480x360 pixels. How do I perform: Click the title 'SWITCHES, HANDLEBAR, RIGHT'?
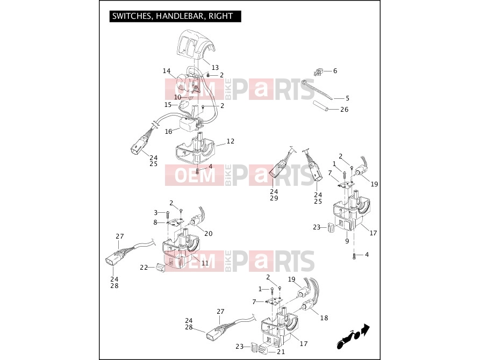pyautogui.click(x=173, y=16)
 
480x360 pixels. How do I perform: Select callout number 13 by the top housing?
pyautogui.click(x=215, y=67)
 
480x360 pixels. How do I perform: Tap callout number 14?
pyautogui.click(x=167, y=71)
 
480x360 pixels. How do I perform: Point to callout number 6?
pyautogui.click(x=335, y=71)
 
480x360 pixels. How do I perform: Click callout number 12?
pyautogui.click(x=231, y=141)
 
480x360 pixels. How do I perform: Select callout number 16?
pyautogui.click(x=169, y=132)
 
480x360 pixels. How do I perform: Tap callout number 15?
pyautogui.click(x=168, y=105)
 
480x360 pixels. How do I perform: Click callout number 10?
pyautogui.click(x=178, y=97)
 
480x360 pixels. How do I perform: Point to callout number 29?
pyautogui.click(x=274, y=198)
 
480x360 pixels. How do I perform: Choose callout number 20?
pyautogui.click(x=209, y=234)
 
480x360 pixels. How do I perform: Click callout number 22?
pyautogui.click(x=144, y=268)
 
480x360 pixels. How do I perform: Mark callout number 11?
pyautogui.click(x=205, y=263)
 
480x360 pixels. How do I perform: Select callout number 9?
pyautogui.click(x=347, y=241)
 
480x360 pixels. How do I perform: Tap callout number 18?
pyautogui.click(x=324, y=318)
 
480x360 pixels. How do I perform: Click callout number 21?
pyautogui.click(x=281, y=352)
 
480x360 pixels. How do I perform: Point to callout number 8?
pyautogui.click(x=155, y=222)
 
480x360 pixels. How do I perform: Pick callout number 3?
pyautogui.click(x=155, y=212)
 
